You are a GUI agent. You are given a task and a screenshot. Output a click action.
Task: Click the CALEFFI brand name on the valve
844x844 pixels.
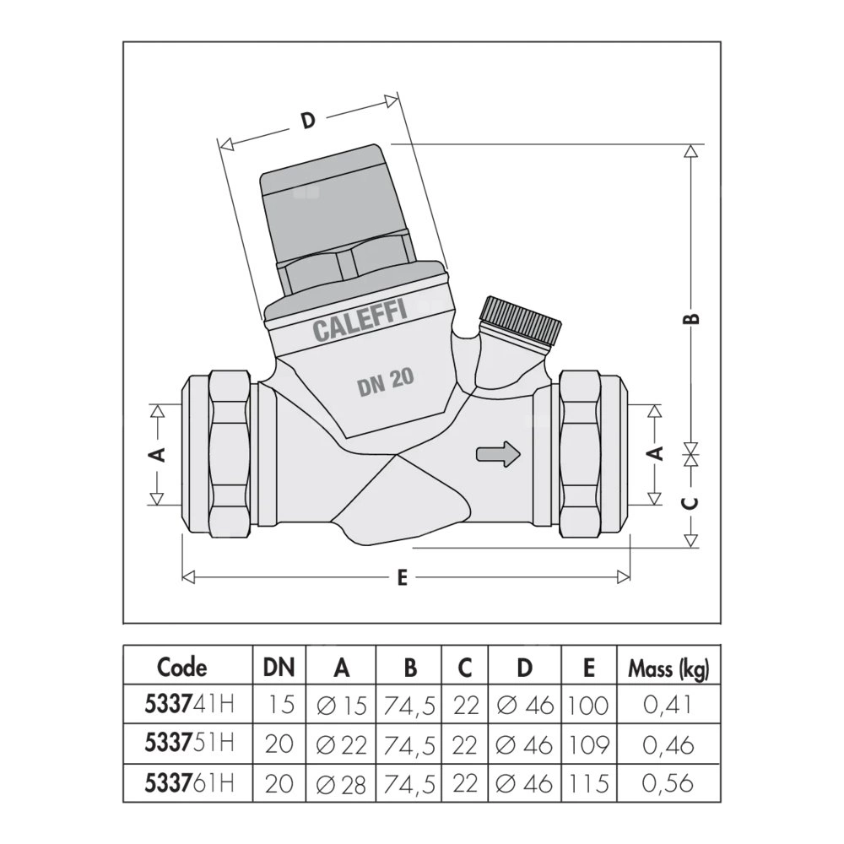(360, 321)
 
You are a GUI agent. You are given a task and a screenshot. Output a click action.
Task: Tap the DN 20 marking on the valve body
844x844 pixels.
(385, 383)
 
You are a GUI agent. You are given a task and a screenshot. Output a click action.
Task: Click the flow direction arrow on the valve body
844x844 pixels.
(499, 453)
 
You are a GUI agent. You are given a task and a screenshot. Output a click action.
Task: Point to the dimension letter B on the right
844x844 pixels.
(690, 318)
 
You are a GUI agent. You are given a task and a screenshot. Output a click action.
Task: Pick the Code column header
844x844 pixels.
(181, 668)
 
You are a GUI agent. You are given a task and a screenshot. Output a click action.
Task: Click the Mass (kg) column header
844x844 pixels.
(668, 668)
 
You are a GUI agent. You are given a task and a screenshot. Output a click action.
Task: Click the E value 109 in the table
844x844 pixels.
(588, 744)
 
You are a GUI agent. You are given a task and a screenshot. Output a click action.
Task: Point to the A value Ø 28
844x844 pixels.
(341, 783)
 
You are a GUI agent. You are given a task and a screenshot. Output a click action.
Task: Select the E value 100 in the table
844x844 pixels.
(588, 704)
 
